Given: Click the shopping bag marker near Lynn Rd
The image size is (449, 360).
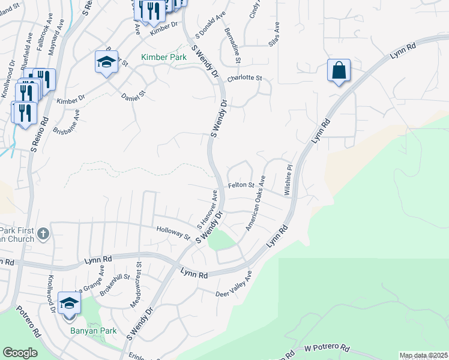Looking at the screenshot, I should point(339,70).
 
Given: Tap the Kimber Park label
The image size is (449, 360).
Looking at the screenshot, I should point(164,58).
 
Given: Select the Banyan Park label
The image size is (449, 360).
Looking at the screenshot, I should point(94,331).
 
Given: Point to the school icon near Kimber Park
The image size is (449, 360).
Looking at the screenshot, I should point(106,62).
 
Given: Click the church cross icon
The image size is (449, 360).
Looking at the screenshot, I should point(43,233).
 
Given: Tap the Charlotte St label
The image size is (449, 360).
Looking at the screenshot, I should point(245,78).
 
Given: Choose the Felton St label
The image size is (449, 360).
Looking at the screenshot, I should point(241,185).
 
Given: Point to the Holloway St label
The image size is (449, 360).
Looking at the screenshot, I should point(173,233).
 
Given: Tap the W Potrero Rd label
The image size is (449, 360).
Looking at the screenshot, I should point(327,348).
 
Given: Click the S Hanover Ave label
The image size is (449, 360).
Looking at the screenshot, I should point(206,209).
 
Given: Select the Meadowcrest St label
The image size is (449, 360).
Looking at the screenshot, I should point(134,285).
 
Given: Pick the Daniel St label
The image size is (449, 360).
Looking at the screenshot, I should point(133,95).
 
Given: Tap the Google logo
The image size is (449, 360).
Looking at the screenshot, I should point(20,353).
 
